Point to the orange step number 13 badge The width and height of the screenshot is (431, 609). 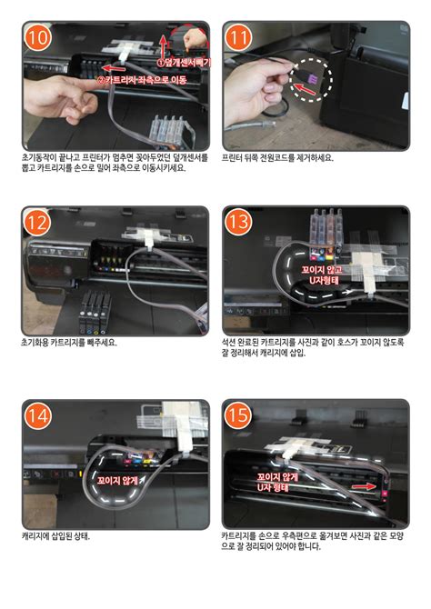pos(238,223)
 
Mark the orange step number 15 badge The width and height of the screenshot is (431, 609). pos(238,416)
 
